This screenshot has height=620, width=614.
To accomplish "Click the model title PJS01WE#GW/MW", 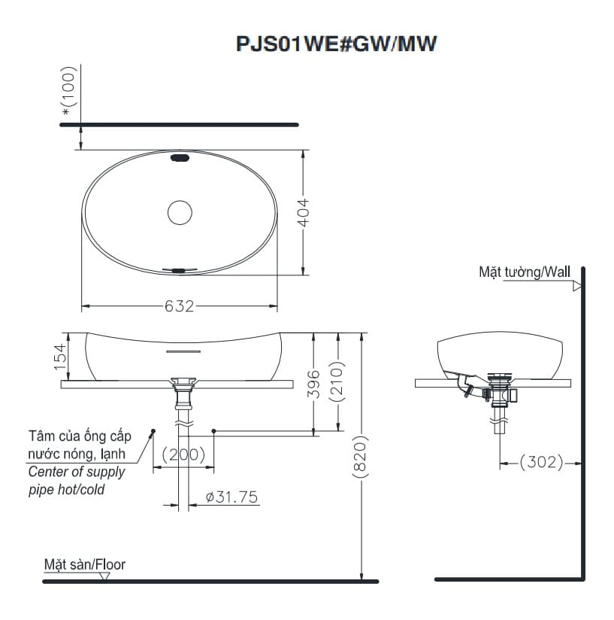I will click(x=337, y=44).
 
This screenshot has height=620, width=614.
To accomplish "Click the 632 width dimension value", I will click(x=179, y=306).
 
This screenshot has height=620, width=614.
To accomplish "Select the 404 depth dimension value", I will click(x=304, y=213).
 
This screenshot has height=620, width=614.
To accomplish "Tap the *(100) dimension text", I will click(x=70, y=92).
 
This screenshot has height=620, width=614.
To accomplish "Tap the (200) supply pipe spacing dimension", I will click(x=183, y=454).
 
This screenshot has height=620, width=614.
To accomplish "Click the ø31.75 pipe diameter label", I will click(x=231, y=497).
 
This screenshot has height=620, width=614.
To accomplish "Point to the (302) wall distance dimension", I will click(x=541, y=462).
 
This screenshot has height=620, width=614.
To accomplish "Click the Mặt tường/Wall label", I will click(x=525, y=272).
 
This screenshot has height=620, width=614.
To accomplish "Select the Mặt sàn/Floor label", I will click(x=84, y=564).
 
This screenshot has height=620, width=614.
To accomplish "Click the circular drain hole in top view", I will click(x=180, y=212).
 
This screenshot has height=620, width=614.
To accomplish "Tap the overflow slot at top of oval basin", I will click(x=180, y=158).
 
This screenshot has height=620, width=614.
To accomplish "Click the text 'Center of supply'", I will click(x=77, y=473).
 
